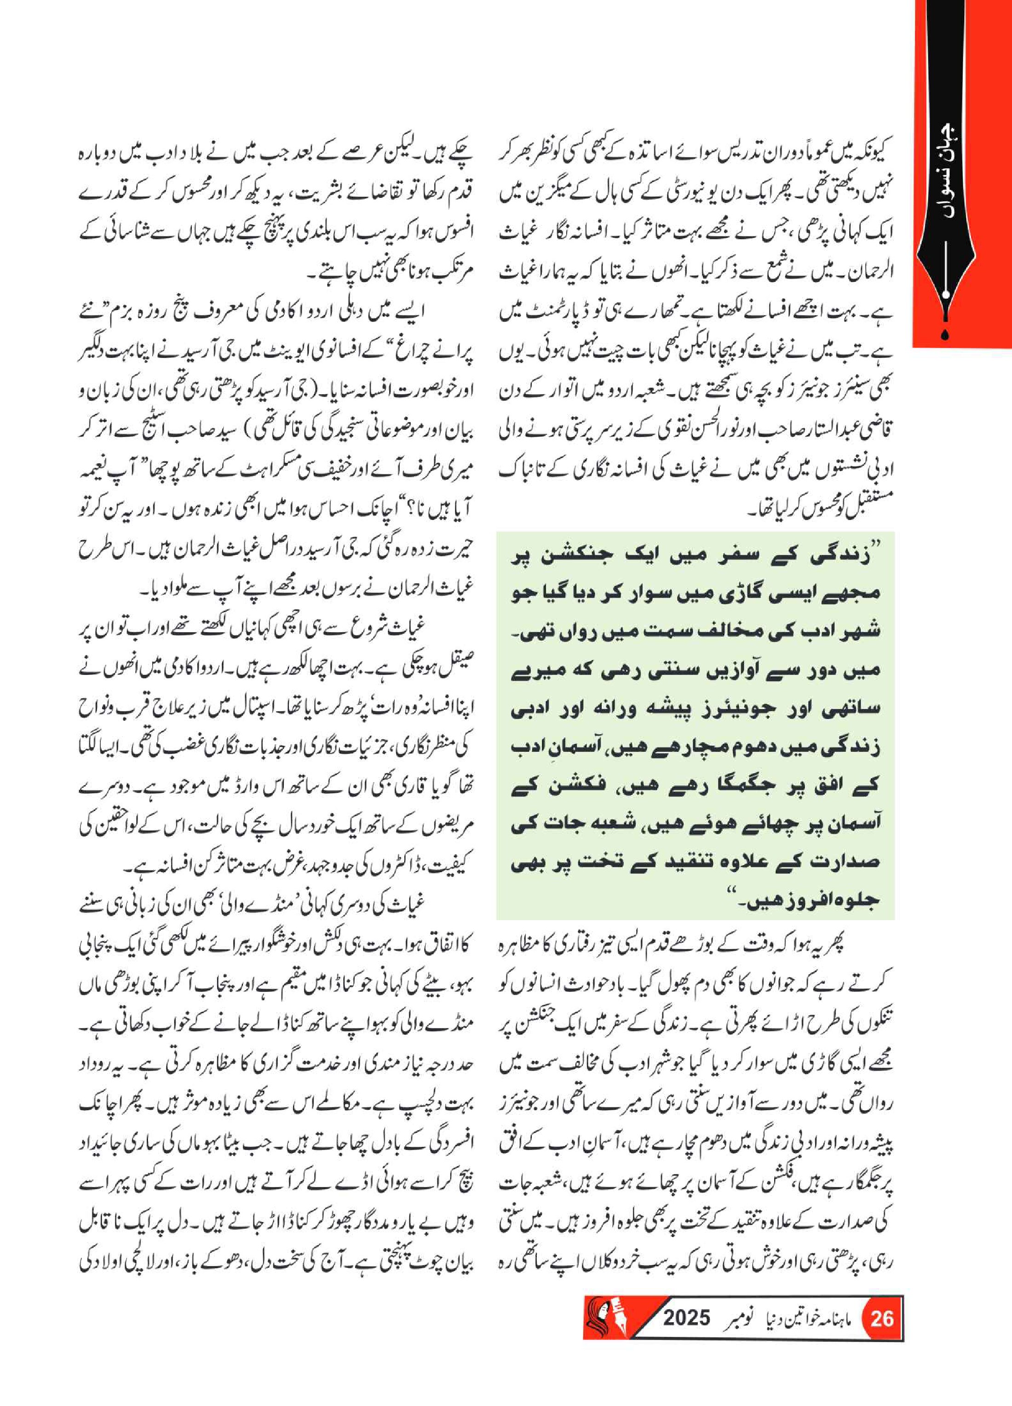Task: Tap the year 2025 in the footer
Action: (687, 1317)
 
